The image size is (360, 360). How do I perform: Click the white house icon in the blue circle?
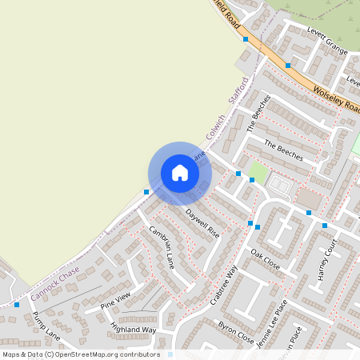click(x=180, y=172)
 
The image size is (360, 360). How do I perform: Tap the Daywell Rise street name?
click(x=202, y=222)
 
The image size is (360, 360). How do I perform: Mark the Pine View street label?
click(x=114, y=302)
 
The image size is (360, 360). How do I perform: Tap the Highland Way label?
click(x=133, y=329)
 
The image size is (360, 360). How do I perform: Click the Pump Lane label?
click(x=46, y=322)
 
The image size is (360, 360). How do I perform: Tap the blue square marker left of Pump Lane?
click(x=17, y=304)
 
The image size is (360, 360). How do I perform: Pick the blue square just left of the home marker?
click(x=146, y=191)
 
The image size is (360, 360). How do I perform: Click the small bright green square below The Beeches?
click(x=258, y=170)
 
